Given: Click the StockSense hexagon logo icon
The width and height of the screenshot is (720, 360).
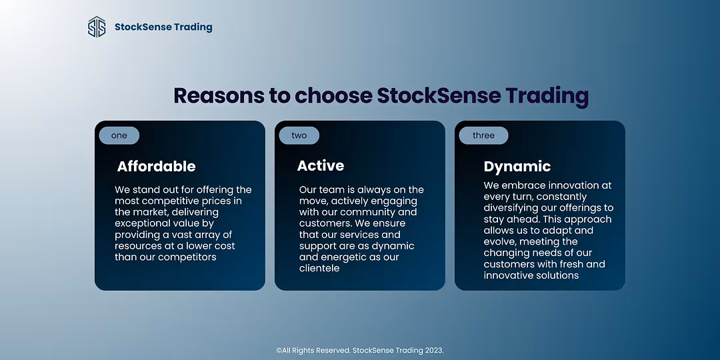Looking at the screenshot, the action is point(97,27).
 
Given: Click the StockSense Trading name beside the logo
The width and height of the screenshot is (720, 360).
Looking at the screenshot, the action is point(163,27).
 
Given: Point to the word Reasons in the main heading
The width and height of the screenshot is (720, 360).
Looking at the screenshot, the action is point(219,95).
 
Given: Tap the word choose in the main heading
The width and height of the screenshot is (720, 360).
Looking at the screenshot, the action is point(333,95).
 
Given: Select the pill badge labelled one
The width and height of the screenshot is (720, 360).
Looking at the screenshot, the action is point(119,135).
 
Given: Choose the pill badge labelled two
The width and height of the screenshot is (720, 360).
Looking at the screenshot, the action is point(299,135).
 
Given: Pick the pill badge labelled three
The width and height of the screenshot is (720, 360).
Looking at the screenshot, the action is point(483,135).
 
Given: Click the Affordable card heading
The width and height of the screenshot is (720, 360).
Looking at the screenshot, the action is point(156,166).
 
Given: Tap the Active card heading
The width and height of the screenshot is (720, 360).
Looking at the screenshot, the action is point(321,165).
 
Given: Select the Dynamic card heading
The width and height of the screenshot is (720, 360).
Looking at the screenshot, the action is point(517,167).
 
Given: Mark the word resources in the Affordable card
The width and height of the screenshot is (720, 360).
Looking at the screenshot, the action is point(137,246).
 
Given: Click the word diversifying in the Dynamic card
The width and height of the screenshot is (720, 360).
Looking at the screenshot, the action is point(511,208).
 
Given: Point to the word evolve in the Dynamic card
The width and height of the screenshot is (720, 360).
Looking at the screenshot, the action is point(499,241).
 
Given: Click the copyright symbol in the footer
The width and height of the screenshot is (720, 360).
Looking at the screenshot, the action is point(279,351).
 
